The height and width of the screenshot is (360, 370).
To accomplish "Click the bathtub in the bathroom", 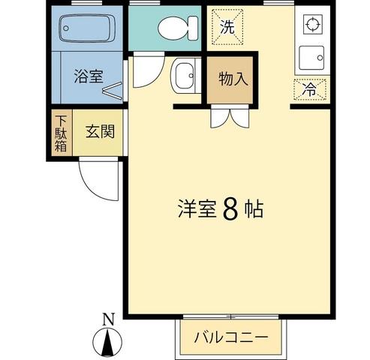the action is coord(87,28).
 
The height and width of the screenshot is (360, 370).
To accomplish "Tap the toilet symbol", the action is coord(178,28).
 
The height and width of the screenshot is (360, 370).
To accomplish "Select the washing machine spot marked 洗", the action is coord(227,27).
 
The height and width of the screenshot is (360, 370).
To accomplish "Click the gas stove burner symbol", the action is coord(312,24).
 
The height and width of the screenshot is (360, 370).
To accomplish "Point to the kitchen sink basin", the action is coord(311,58).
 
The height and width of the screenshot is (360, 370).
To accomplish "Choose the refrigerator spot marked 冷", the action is coord(310,89).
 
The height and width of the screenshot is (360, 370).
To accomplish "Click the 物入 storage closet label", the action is coord(233,79).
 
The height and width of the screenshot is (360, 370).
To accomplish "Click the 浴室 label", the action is coord(89,76).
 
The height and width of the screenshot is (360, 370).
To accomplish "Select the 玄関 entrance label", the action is coord(100,131).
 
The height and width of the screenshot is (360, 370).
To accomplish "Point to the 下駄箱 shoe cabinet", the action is coord(61,133).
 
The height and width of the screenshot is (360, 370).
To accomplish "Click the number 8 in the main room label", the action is coord(230,209).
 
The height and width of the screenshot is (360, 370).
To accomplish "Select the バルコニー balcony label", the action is coord(231,337).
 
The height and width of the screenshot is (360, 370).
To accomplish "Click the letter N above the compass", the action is coord(109,319).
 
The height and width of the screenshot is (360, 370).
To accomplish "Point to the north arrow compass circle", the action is coord(107,341).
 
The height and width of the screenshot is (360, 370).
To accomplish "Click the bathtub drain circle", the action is coord(66,28).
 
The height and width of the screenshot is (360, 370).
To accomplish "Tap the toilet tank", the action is coord(193,28).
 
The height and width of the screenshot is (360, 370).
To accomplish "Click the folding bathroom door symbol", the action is coord(113,89).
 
